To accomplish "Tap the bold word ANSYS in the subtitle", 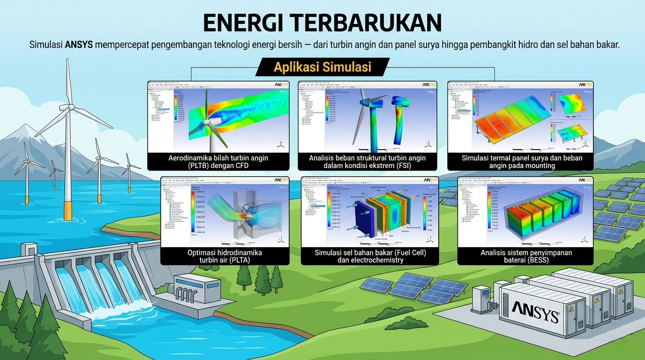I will [79, 45].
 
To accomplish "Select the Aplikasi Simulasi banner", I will [322, 67].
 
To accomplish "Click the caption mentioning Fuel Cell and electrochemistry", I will [370, 256].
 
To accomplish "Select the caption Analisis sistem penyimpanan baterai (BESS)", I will [525, 256].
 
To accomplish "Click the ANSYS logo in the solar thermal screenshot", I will [585, 85].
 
